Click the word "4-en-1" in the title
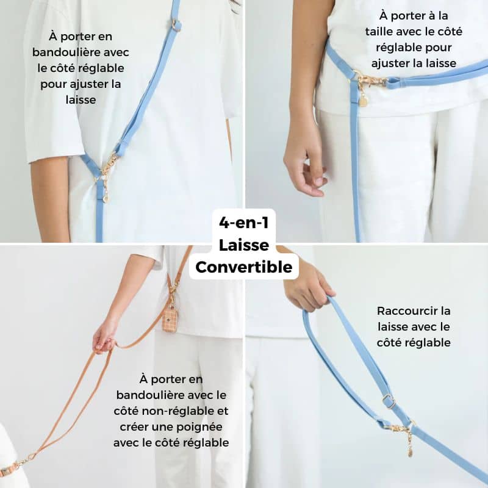pyautogui.click(x=243, y=223)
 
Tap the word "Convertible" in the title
pyautogui.click(x=243, y=267)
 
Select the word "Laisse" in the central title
pyautogui.click(x=243, y=245)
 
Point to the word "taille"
pyautogui.click(x=378, y=32)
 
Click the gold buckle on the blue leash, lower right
pyautogui.click(x=389, y=401)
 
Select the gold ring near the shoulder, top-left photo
pyautogui.click(x=176, y=25)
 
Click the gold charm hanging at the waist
pyautogui.click(x=363, y=99)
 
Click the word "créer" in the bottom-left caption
pyautogui.click(x=134, y=427)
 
